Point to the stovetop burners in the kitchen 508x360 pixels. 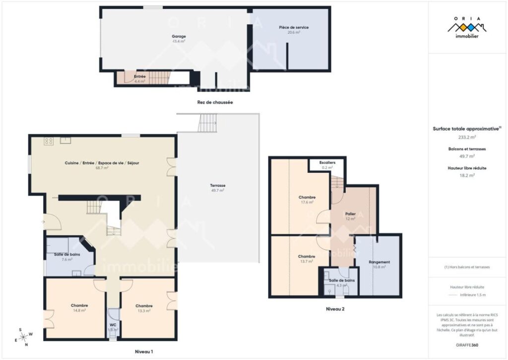[x=49, y=141]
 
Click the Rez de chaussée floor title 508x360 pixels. [x=215, y=102]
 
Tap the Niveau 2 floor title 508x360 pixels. [x=335, y=309]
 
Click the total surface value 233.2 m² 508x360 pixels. [x=467, y=137]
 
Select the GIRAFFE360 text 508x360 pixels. [x=467, y=345]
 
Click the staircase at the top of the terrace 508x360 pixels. [x=208, y=123]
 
